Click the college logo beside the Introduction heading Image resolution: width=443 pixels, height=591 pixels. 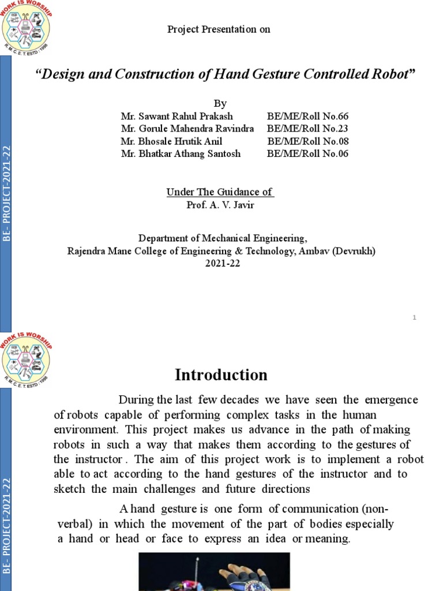[x=26, y=358]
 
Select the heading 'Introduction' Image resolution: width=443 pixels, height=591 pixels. [x=221, y=375]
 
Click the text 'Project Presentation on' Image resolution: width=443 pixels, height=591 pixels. [x=219, y=29]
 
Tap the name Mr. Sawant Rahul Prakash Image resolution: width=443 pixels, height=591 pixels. [x=177, y=117]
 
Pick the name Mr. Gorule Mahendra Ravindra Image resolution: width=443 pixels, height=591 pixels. [x=187, y=129]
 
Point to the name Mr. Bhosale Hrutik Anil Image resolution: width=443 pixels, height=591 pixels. [x=171, y=141]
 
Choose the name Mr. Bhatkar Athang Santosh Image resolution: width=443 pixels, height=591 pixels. [x=181, y=154]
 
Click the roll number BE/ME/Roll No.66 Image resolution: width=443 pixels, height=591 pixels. [x=307, y=117]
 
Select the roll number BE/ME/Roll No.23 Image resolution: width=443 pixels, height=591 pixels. [x=307, y=129]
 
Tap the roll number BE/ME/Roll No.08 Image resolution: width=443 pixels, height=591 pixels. [x=307, y=141]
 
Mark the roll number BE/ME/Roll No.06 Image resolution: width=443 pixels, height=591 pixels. [x=307, y=154]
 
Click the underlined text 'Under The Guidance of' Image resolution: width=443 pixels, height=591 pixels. [x=220, y=192]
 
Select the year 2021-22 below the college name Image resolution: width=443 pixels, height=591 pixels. [x=221, y=264]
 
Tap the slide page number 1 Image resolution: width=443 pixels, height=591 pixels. [x=414, y=318]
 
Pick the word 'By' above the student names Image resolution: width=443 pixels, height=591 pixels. [x=220, y=104]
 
